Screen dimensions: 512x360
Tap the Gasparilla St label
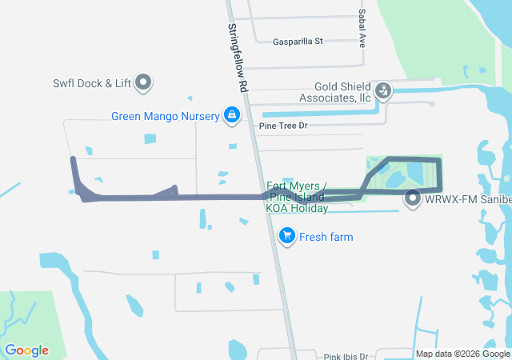click(x=297, y=41)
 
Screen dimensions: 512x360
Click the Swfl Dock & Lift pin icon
click(x=144, y=81)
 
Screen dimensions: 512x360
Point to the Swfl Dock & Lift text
click(x=91, y=82)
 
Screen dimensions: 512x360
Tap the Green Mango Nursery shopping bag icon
click(x=231, y=115)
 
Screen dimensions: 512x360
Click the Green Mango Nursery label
click(x=165, y=116)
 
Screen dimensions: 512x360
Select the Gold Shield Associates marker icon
click(x=384, y=90)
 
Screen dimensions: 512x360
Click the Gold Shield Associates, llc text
click(x=331, y=92)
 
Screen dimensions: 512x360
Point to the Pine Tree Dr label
click(x=283, y=126)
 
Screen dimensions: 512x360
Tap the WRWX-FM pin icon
click(x=413, y=198)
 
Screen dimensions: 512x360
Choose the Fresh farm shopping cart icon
click(x=286, y=235)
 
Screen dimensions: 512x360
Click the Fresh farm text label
click(x=326, y=237)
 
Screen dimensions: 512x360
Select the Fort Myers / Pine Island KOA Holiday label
click(x=296, y=198)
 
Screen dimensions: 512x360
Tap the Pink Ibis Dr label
click(x=346, y=356)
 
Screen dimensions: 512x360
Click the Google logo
click(x=26, y=350)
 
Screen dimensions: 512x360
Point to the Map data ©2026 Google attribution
click(x=462, y=354)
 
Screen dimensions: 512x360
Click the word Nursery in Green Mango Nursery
click(x=198, y=116)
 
